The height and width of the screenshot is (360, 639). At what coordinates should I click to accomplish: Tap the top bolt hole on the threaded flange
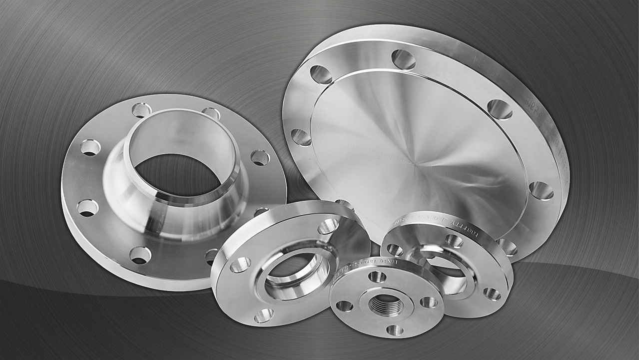[x=377, y=277]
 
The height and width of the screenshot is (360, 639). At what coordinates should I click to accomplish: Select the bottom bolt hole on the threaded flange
[x=394, y=330]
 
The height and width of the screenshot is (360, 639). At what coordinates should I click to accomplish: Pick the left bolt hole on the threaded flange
[x=344, y=306]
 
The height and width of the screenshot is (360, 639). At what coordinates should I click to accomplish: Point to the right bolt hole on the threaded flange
[x=428, y=302]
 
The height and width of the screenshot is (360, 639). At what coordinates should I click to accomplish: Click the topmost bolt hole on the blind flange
[x=403, y=59]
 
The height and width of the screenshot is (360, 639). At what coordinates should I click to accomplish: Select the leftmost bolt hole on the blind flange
[x=301, y=137]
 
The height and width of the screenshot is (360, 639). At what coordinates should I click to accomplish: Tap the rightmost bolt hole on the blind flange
[x=541, y=190]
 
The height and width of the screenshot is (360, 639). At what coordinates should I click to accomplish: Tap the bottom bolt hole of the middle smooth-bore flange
[x=263, y=315]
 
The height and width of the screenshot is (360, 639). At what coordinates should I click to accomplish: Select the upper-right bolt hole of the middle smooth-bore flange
[x=328, y=226]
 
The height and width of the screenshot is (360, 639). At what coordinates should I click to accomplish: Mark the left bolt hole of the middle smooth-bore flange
[x=240, y=265]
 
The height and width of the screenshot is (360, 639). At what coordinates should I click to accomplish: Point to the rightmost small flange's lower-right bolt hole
[x=492, y=294]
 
